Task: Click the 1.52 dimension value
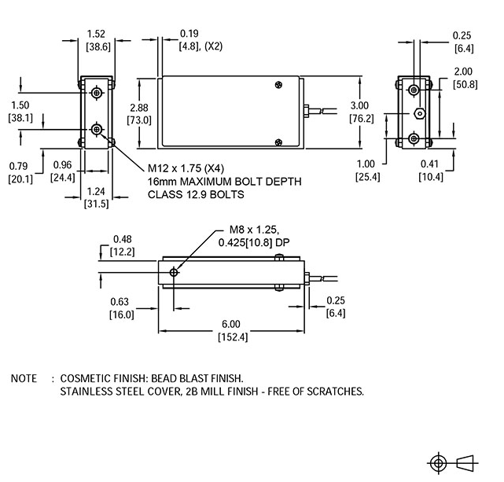pos(97,34)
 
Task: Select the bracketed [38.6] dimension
pos(97,47)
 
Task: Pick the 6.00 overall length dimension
pos(232,323)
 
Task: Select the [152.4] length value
pos(232,337)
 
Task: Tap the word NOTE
pos(23,378)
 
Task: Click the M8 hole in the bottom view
pos(175,271)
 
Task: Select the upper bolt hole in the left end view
pos(97,94)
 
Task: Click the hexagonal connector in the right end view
pos(420,114)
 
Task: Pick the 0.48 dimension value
pos(122,239)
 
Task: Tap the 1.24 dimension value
pos(97,191)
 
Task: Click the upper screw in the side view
pos(279,85)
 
